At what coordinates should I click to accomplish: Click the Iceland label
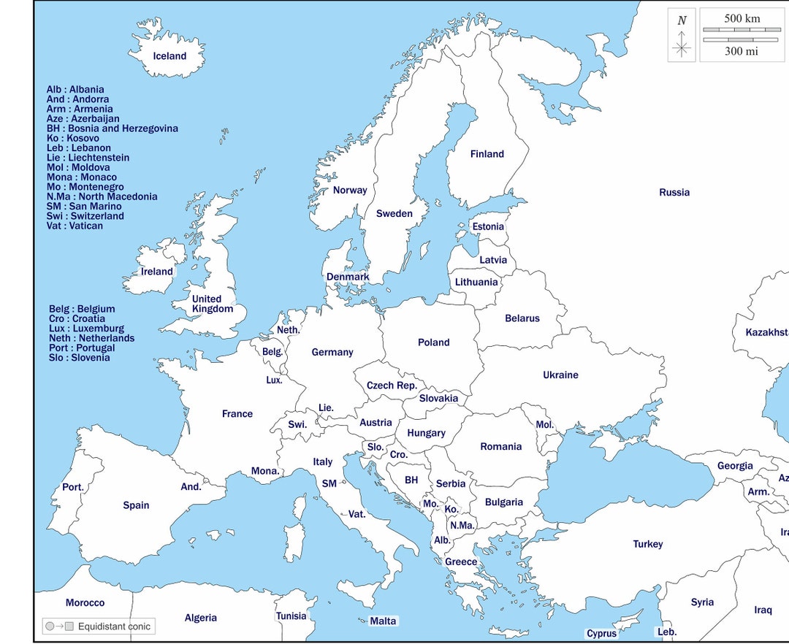pyautogui.click(x=169, y=56)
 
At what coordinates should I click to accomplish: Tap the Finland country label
pyautogui.click(x=487, y=154)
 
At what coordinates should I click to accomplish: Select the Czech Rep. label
pyautogui.click(x=392, y=386)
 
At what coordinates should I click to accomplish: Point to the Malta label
pyautogui.click(x=383, y=621)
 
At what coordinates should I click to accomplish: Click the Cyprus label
pyautogui.click(x=601, y=634)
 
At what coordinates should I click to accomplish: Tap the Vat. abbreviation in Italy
pyautogui.click(x=357, y=514)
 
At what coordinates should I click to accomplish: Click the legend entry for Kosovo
pyautogui.click(x=73, y=138)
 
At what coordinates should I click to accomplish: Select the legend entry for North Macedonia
pyautogui.click(x=102, y=196)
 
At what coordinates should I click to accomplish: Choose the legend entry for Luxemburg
pyautogui.click(x=86, y=329)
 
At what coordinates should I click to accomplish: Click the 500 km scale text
pyautogui.click(x=742, y=18)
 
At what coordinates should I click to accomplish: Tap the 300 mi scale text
pyautogui.click(x=741, y=51)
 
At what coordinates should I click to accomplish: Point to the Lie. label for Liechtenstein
pyautogui.click(x=326, y=408)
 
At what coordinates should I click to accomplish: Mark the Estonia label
pyautogui.click(x=488, y=226)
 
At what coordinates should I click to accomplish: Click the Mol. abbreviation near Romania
pyautogui.click(x=545, y=424)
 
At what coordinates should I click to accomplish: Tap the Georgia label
pyautogui.click(x=734, y=466)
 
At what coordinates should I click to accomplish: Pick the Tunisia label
pyautogui.click(x=291, y=616)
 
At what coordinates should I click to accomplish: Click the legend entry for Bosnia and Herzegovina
pyautogui.click(x=112, y=129)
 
